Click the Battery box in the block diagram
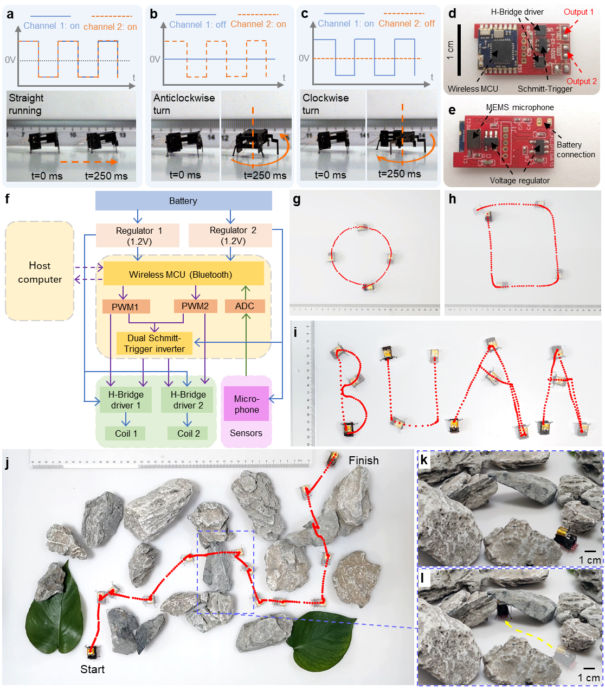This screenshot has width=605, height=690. [184, 201]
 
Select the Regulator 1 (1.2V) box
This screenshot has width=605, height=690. [138, 235]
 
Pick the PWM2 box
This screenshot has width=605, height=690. [195, 306]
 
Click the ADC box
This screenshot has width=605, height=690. [245, 306]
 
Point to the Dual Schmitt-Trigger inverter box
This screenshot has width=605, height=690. [155, 343]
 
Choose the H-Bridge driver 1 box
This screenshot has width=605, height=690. [126, 399]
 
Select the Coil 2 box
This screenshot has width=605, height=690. [188, 433]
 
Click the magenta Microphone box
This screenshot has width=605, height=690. [247, 404]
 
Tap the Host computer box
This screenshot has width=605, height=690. [40, 271]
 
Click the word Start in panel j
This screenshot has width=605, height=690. [92, 669]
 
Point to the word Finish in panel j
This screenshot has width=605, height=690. [363, 461]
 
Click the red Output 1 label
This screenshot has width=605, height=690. [578, 12]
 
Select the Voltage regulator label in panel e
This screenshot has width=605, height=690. [519, 181]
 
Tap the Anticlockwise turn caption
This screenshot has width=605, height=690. [184, 104]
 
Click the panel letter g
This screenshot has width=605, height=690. [297, 200]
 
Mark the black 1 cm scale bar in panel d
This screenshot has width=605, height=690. [459, 50]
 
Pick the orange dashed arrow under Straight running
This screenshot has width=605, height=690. [89, 162]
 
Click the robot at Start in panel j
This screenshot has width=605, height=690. [91, 652]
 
